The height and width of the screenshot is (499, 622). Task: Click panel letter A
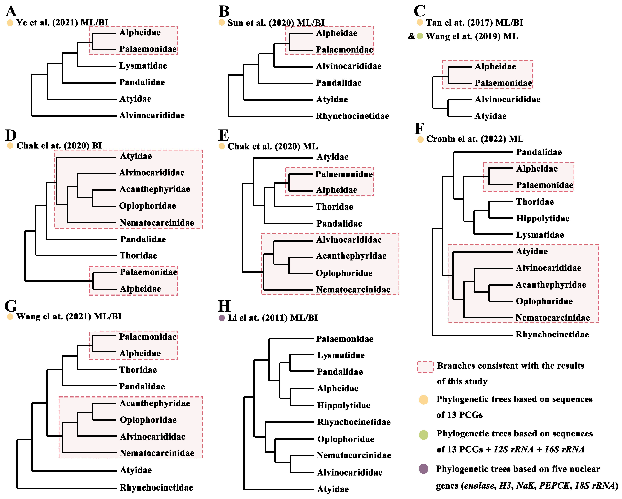click(11, 12)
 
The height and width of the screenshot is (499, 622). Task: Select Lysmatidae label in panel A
click(143, 66)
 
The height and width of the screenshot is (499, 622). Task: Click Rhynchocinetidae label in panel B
click(352, 116)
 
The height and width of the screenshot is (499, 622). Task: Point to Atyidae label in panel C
click(490, 116)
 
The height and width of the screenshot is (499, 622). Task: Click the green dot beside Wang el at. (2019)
click(420, 36)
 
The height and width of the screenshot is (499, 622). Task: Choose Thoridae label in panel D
click(138, 255)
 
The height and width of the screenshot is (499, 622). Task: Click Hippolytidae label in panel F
click(543, 219)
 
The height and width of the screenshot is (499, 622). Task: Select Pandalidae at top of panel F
click(539, 152)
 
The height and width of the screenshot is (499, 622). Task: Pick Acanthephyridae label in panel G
click(155, 403)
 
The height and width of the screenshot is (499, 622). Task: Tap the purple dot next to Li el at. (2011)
click(222, 318)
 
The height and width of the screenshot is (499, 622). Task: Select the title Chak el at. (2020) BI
click(59, 146)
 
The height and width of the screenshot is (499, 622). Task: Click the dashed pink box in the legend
click(425, 367)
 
